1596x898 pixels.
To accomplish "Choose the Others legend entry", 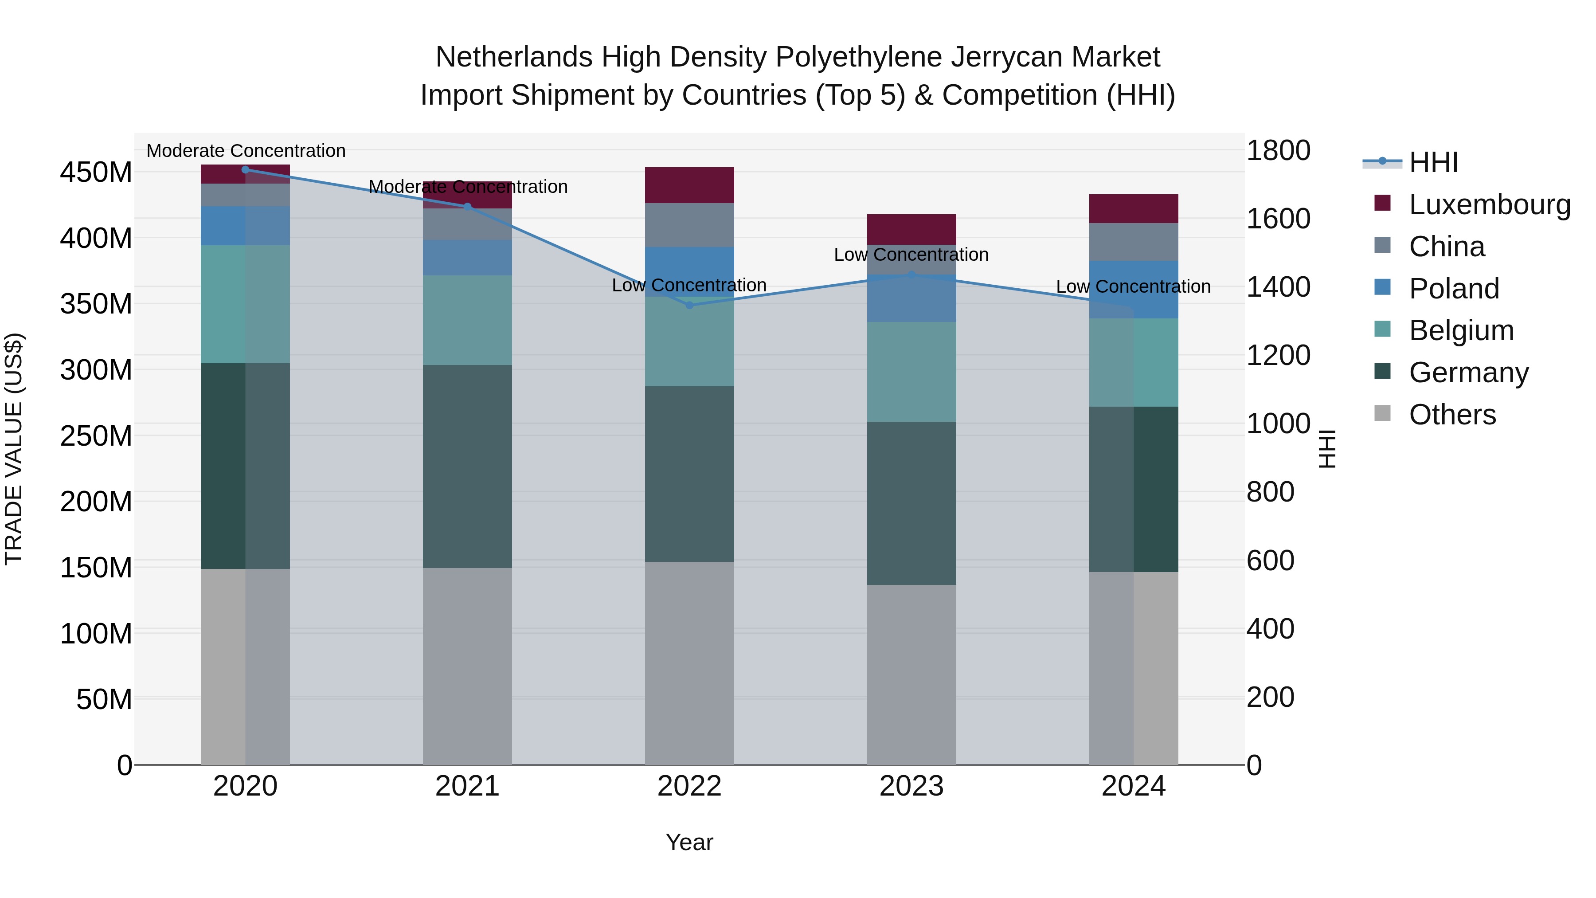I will coord(1451,415).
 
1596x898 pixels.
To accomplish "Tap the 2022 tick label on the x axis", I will coord(689,786).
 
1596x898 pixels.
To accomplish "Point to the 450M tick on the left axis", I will coord(96,173).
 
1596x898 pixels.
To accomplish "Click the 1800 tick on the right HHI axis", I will coord(1278,151).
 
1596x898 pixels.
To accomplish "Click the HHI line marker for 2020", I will coord(245,169).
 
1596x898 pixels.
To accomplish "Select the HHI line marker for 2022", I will coord(689,305).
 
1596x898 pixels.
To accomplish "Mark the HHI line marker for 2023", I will coord(911,274).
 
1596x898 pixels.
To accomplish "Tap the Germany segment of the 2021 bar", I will coord(467,466).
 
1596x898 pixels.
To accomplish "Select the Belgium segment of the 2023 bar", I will coord(911,372).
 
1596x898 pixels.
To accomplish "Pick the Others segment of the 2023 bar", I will coord(911,674).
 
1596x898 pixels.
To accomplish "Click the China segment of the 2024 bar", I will coord(1133,242).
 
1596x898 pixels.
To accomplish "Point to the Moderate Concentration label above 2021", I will coord(468,187).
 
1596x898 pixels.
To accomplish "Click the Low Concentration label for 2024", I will coord(1133,287).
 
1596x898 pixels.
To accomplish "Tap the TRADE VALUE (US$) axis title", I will coord(14,449).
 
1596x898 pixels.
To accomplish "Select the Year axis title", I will coord(689,842).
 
